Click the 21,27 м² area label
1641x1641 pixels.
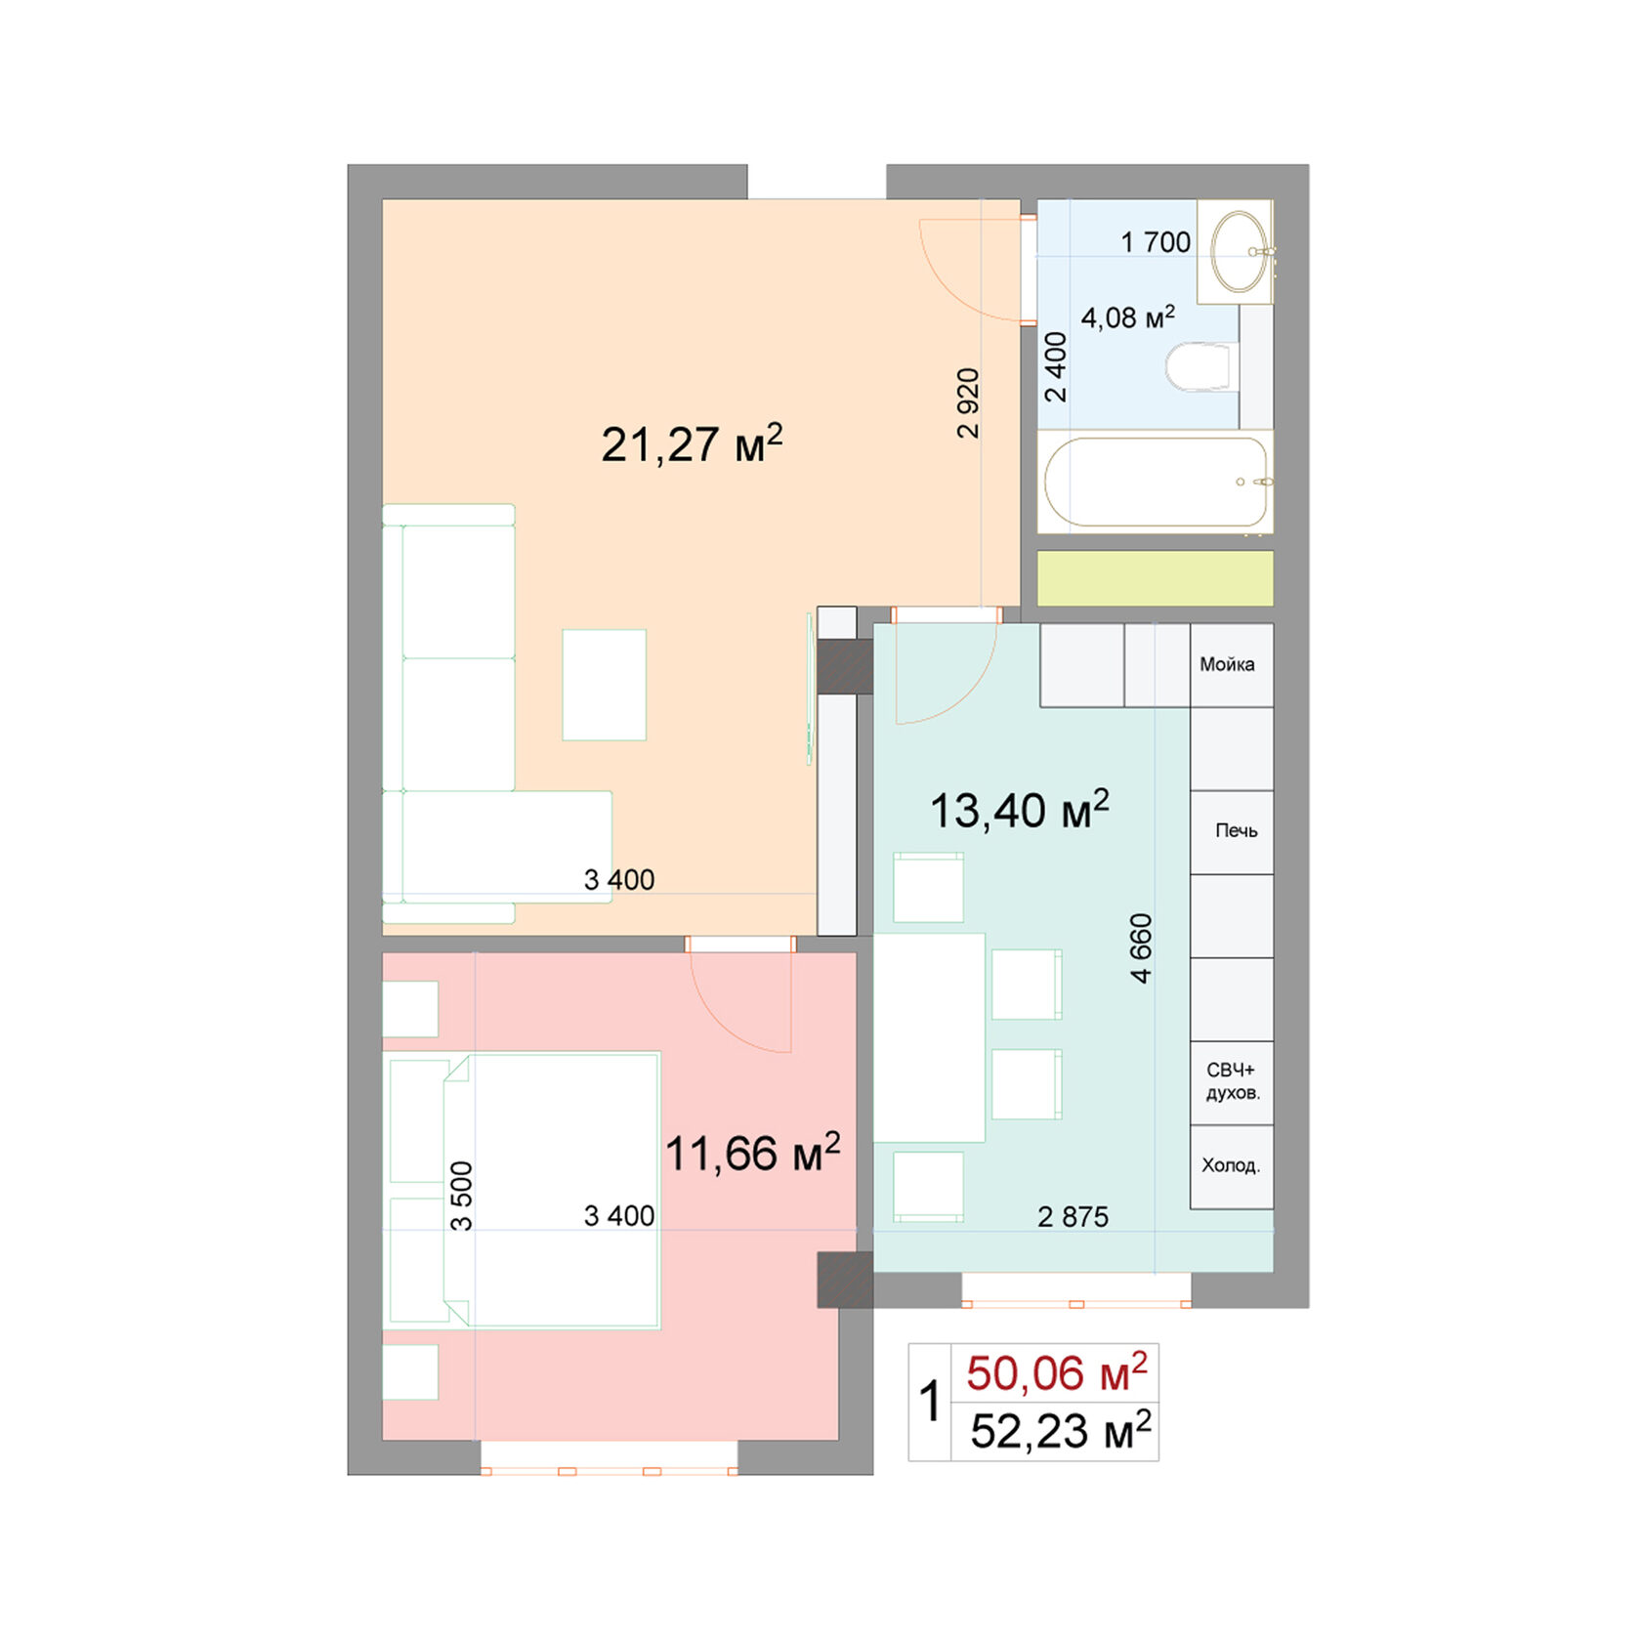tap(692, 444)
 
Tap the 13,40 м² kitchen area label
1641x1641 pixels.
tap(1019, 810)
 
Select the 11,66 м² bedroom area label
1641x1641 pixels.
tap(752, 1154)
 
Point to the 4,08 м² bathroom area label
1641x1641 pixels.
tap(1127, 317)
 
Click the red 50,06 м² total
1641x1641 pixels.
tap(1056, 1372)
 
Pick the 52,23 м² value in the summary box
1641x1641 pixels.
tap(1060, 1431)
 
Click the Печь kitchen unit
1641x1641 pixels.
tap(1233, 831)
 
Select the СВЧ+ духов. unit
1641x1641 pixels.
tap(1233, 1082)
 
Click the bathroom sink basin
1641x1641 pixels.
tap(1238, 251)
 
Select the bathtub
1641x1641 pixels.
tap(1156, 482)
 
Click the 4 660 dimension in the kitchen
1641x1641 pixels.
tap(1140, 947)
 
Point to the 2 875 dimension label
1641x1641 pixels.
tap(1073, 1217)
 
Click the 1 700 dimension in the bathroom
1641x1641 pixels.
tap(1155, 242)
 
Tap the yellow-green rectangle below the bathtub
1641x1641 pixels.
tap(1155, 578)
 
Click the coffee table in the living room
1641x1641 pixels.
tap(604, 685)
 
